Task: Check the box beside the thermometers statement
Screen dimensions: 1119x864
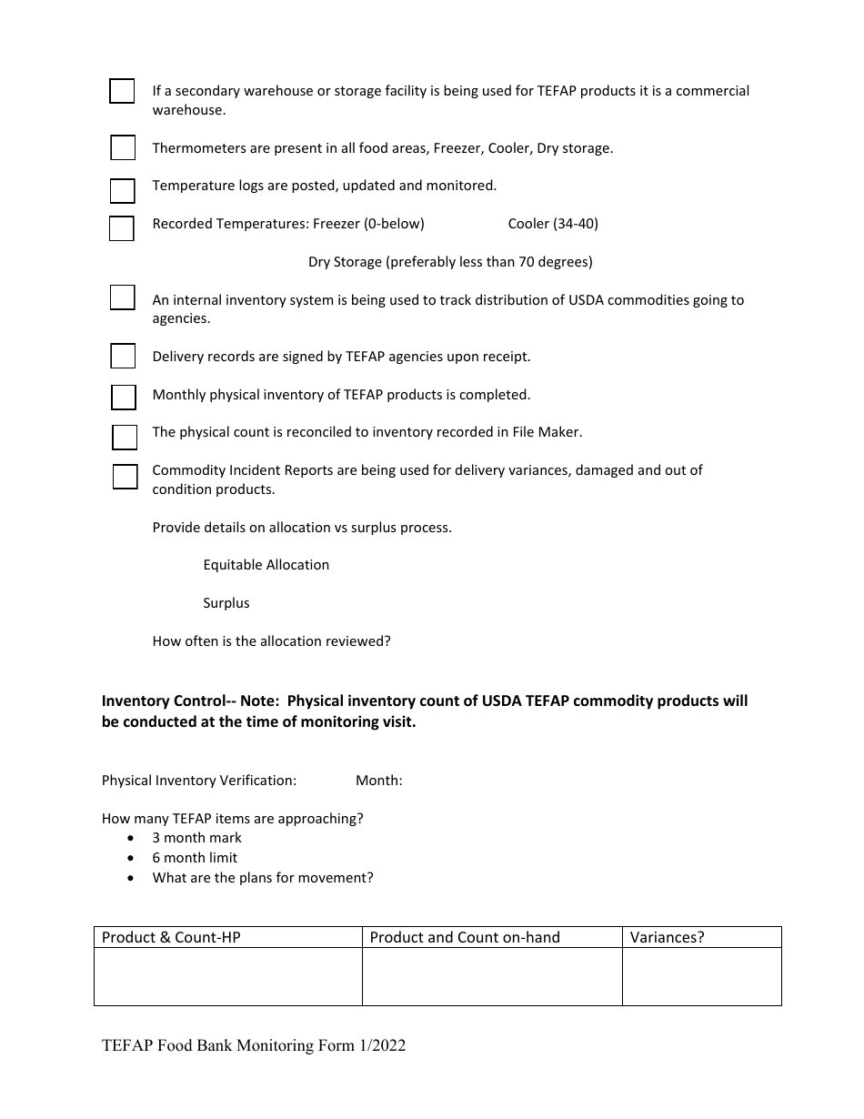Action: point(123,147)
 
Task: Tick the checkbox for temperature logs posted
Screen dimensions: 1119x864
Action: point(123,190)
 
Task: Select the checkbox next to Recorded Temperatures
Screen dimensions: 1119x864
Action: point(122,228)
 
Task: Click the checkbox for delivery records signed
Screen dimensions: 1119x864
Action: point(123,356)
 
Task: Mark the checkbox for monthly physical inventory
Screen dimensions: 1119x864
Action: point(124,398)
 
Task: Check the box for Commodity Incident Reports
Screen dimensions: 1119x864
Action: point(126,477)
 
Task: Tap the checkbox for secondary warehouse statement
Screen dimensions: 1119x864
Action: point(122,91)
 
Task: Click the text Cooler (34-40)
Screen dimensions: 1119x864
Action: point(553,224)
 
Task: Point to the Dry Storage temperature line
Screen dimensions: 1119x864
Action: point(450,262)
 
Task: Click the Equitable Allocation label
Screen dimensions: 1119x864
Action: point(266,565)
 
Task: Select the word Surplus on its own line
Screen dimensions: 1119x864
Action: point(226,603)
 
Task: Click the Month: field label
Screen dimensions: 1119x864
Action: point(378,781)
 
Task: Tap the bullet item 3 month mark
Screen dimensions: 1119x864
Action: point(196,838)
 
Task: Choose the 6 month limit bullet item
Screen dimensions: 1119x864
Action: point(195,858)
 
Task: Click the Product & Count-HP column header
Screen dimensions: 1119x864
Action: point(171,938)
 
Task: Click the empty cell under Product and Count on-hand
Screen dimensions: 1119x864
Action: point(491,976)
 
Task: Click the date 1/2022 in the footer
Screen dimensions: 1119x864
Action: point(382,1046)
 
